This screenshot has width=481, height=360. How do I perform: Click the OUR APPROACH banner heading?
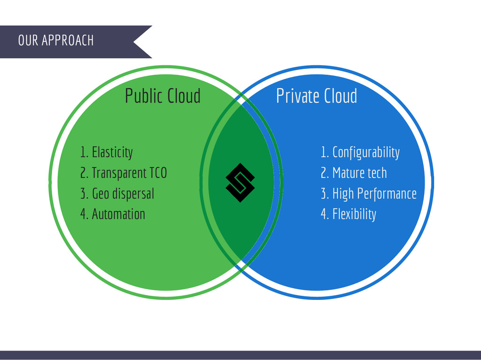56,40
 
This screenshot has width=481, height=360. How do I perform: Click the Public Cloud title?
163,96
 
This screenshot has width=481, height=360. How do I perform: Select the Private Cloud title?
316,96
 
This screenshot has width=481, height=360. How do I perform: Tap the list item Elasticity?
107,152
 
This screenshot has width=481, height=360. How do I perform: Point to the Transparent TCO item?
124,173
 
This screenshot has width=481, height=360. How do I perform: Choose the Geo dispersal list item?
117,193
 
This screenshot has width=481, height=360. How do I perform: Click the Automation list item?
113,214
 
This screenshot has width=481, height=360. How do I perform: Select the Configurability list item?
360,152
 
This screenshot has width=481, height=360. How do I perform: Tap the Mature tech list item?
354,173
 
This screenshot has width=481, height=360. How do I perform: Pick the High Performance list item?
368,193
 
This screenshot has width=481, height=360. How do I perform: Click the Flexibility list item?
348,214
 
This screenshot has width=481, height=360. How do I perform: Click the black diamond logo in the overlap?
240,183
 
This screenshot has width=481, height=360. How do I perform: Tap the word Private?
293,96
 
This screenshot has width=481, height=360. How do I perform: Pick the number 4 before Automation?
84,214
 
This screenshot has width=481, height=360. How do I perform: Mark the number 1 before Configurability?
324,152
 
